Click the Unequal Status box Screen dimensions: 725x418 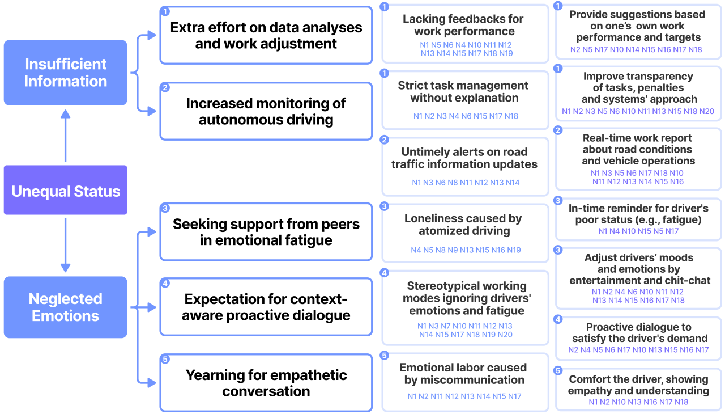(x=65, y=190)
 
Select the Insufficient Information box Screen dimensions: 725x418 (x=65, y=73)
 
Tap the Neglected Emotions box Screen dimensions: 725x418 (x=65, y=307)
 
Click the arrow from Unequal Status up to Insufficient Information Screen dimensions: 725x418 (x=65, y=136)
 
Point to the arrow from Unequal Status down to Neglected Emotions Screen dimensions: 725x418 (x=65, y=245)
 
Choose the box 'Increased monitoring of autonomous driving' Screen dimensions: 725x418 (x=266, y=111)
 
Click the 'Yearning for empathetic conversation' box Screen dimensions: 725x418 (x=266, y=383)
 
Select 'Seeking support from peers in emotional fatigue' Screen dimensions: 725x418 (x=266, y=232)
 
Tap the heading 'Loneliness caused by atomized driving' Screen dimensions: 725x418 (x=463, y=225)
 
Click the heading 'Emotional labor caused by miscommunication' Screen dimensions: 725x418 (x=463, y=374)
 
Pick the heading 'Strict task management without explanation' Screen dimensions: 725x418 (x=463, y=91)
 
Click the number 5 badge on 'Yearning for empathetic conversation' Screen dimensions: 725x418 (x=165, y=359)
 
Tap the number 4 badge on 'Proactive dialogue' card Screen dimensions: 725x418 (x=558, y=319)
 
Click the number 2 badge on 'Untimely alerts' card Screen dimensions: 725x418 (x=384, y=140)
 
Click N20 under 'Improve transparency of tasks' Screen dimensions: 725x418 (x=706, y=112)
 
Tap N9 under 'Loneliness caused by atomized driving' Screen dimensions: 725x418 (x=453, y=250)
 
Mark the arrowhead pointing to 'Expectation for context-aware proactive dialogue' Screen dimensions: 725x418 (x=152, y=307)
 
